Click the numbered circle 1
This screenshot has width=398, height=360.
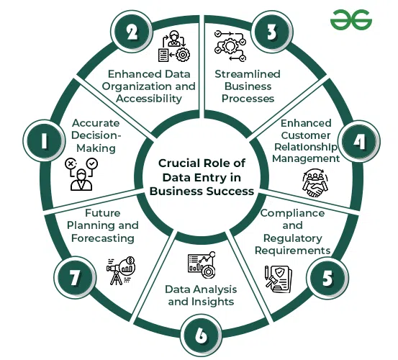tap(44, 140)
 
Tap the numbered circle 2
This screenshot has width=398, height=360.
tap(132, 32)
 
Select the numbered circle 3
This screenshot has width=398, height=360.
tap(272, 32)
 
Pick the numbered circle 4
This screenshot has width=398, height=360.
tap(360, 141)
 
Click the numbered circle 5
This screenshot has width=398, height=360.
tap(327, 278)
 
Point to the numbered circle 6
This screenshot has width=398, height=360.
tap(202, 336)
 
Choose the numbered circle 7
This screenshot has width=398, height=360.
tap(75, 278)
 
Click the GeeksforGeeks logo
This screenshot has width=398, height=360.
tap(351, 20)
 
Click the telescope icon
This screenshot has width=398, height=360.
tap(121, 271)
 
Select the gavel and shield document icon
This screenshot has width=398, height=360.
tap(279, 279)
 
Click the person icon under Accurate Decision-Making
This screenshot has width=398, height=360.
tap(81, 174)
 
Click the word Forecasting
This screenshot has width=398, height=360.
tap(103, 238)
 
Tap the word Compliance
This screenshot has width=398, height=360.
tap(292, 213)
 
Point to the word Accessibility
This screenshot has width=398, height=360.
tap(149, 99)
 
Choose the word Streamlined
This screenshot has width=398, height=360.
tap(248, 74)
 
